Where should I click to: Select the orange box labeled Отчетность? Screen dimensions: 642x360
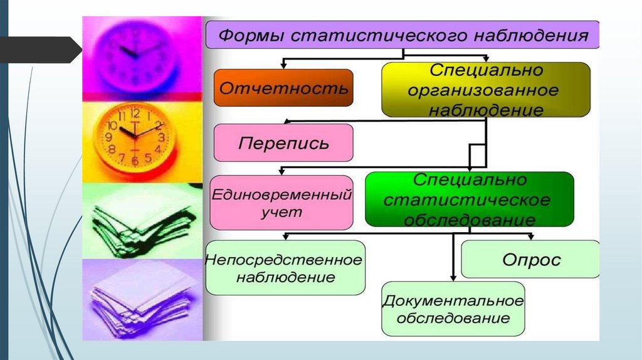283,88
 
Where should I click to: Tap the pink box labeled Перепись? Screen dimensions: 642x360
283,142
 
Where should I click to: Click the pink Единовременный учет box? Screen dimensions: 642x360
280,203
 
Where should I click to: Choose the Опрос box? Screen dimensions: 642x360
530,259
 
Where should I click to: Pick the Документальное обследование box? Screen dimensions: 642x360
453,309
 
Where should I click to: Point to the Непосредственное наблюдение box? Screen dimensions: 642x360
285,267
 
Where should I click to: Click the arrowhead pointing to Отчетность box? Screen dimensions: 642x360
283,65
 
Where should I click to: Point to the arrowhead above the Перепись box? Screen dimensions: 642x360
286,120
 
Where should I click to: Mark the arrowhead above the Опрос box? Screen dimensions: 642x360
530,236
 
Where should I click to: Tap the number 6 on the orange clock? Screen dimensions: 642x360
134,161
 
